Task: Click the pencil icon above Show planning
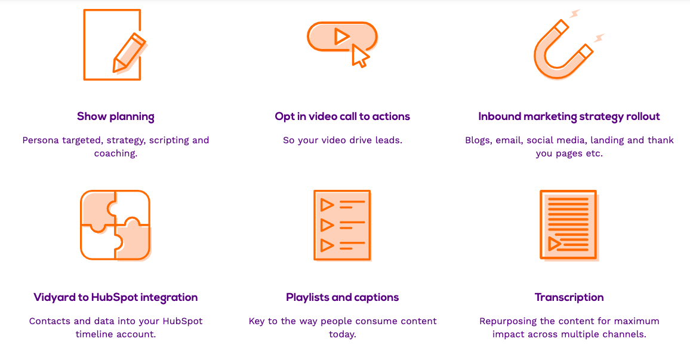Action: (x=129, y=53)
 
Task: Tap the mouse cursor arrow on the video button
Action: (x=360, y=56)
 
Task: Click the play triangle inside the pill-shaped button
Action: (x=341, y=36)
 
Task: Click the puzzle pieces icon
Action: (x=115, y=225)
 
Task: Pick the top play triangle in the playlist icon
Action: (x=326, y=205)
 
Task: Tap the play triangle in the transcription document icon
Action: (x=554, y=244)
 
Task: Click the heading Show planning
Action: (x=116, y=116)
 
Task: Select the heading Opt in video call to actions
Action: (x=343, y=116)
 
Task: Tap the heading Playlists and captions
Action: (x=343, y=297)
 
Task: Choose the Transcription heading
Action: (x=569, y=297)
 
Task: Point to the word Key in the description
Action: (x=257, y=322)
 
